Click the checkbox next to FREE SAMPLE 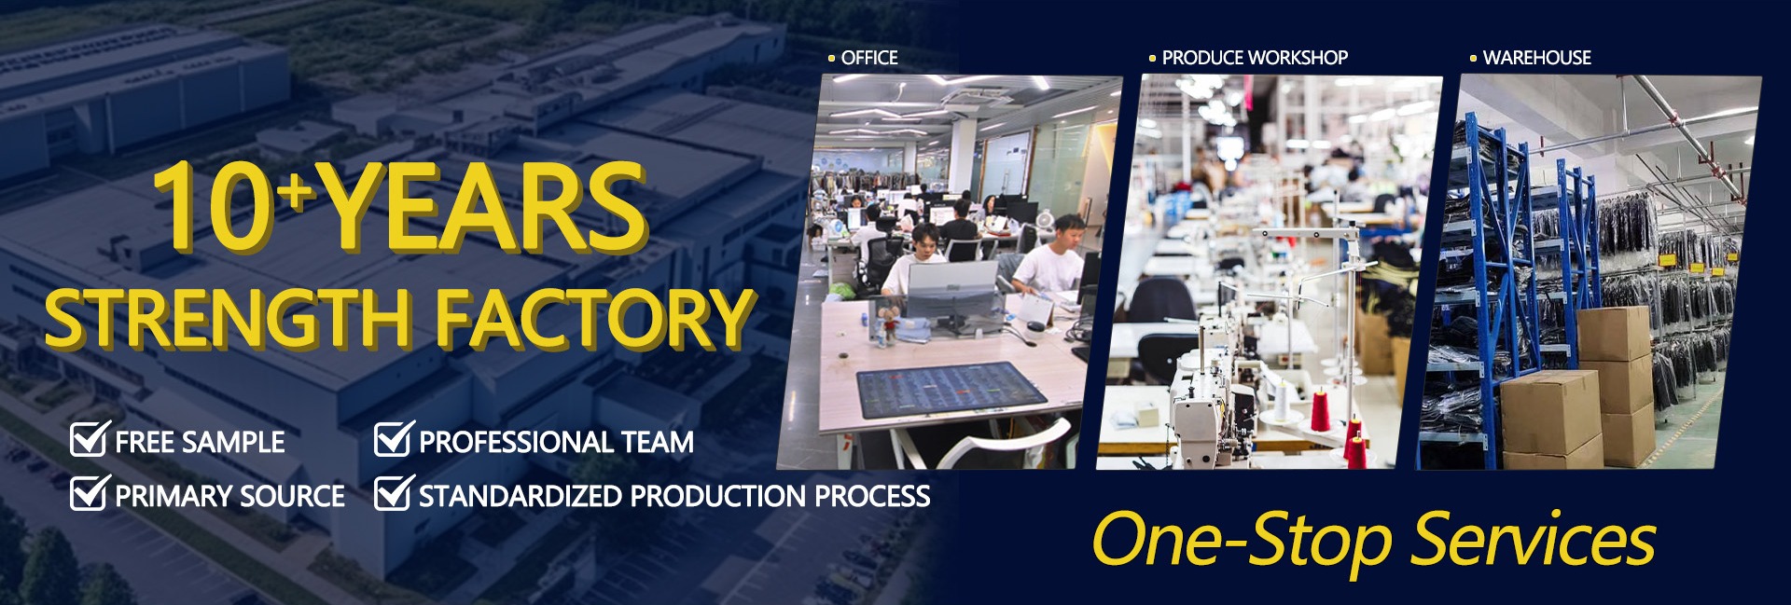tap(90, 439)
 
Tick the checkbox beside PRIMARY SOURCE tap(90, 493)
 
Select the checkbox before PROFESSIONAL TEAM tap(394, 439)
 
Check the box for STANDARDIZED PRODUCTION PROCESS tap(394, 493)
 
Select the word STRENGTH tap(228, 319)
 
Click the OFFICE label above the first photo tap(869, 58)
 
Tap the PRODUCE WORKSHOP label tap(1255, 58)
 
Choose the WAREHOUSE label tap(1537, 58)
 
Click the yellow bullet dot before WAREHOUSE tap(1473, 59)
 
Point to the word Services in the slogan tap(1534, 540)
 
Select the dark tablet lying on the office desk tap(952, 389)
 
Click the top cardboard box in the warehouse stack tap(1613, 334)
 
